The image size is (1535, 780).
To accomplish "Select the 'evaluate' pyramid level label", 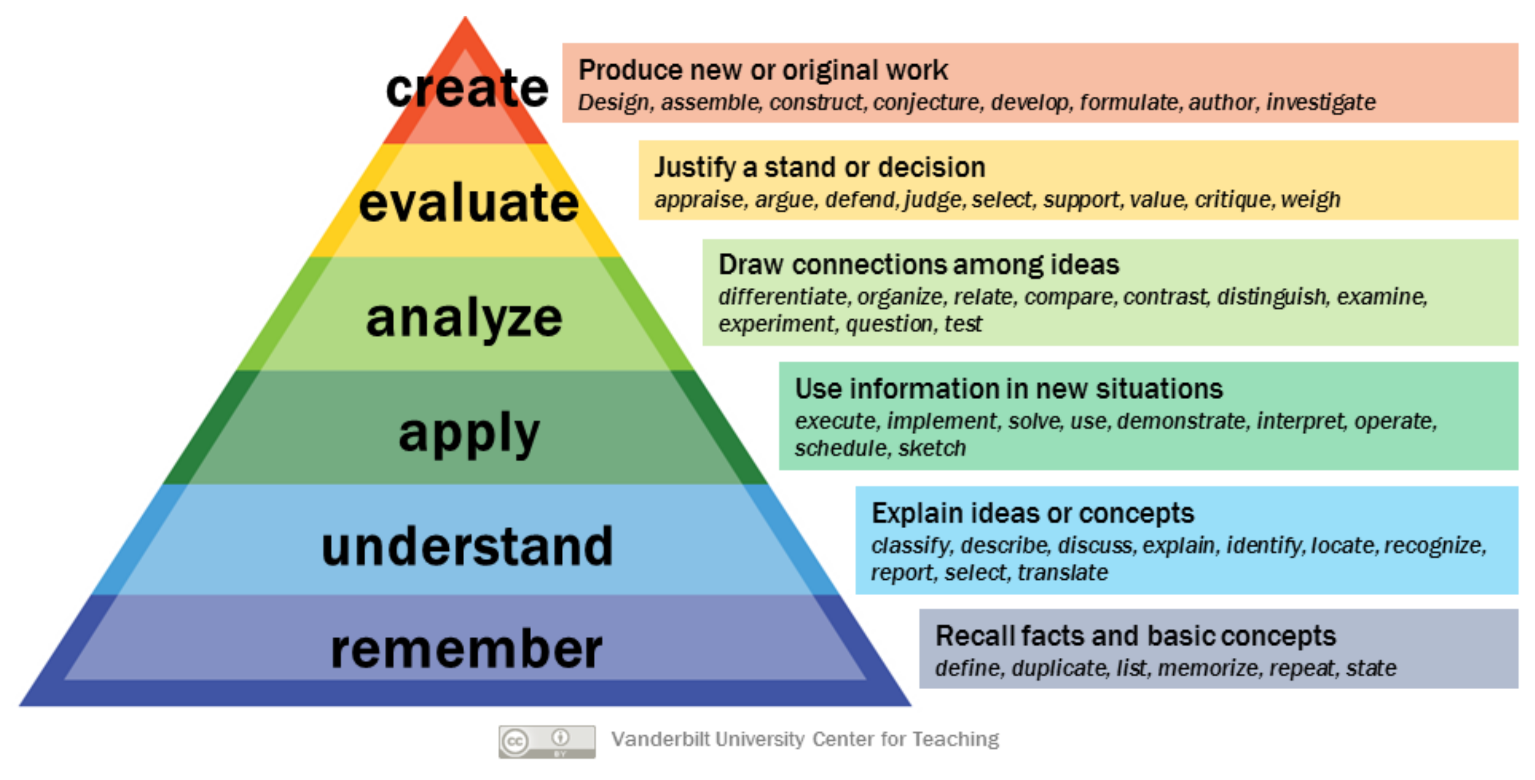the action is coord(469,202).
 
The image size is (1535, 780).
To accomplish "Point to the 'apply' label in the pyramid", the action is coord(469,433).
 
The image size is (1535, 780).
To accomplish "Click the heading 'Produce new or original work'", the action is coord(763,70).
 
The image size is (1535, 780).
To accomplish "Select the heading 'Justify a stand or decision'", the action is coord(820,167).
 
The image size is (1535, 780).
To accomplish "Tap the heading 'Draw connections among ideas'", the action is coord(919,265).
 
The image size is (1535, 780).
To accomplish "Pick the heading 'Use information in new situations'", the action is coord(1009,389).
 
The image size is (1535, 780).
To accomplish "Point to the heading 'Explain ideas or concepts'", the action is coord(1032,513).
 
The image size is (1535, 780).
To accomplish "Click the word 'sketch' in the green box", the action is coord(932,448).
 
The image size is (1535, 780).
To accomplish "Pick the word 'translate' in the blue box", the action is coord(1063,572).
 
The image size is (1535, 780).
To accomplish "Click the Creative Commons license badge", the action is coord(547,741).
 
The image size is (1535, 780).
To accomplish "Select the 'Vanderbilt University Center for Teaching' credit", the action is coord(805,739).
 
